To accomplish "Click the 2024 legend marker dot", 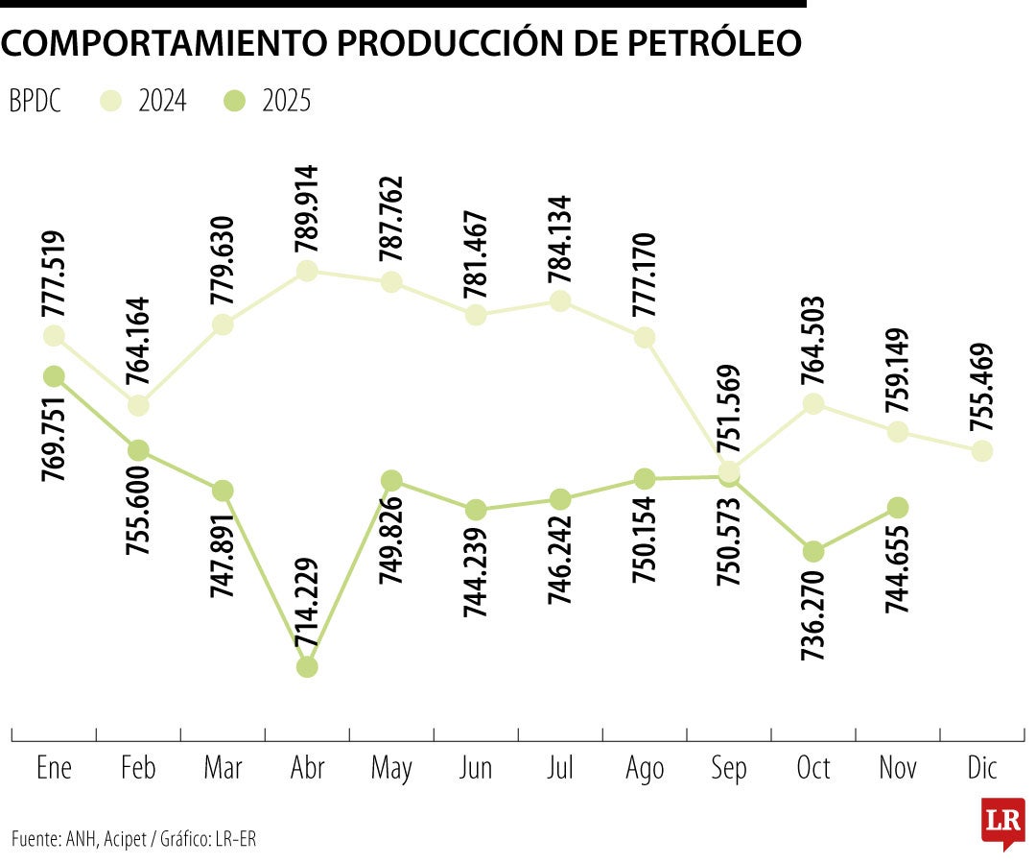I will point(112,100).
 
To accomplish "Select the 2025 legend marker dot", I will point(235,100).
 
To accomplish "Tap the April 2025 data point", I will point(307,666).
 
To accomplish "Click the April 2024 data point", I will point(307,271).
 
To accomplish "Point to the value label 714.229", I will point(307,604).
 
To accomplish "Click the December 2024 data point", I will point(981,450).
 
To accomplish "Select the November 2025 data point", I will point(898,507).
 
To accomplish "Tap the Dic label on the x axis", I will point(982,768).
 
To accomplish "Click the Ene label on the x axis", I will point(54,768).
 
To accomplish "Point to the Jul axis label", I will point(560,768).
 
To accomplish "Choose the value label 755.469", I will point(981,390).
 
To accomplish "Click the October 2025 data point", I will point(813,551).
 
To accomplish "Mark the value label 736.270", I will point(813,612).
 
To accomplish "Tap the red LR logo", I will point(1002,822).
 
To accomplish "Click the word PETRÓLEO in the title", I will point(708,42).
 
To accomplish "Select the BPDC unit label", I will point(35,100).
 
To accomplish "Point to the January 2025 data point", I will point(54,375).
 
